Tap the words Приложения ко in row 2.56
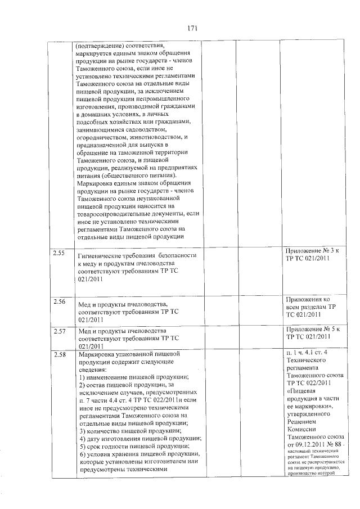tap(308, 299)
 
